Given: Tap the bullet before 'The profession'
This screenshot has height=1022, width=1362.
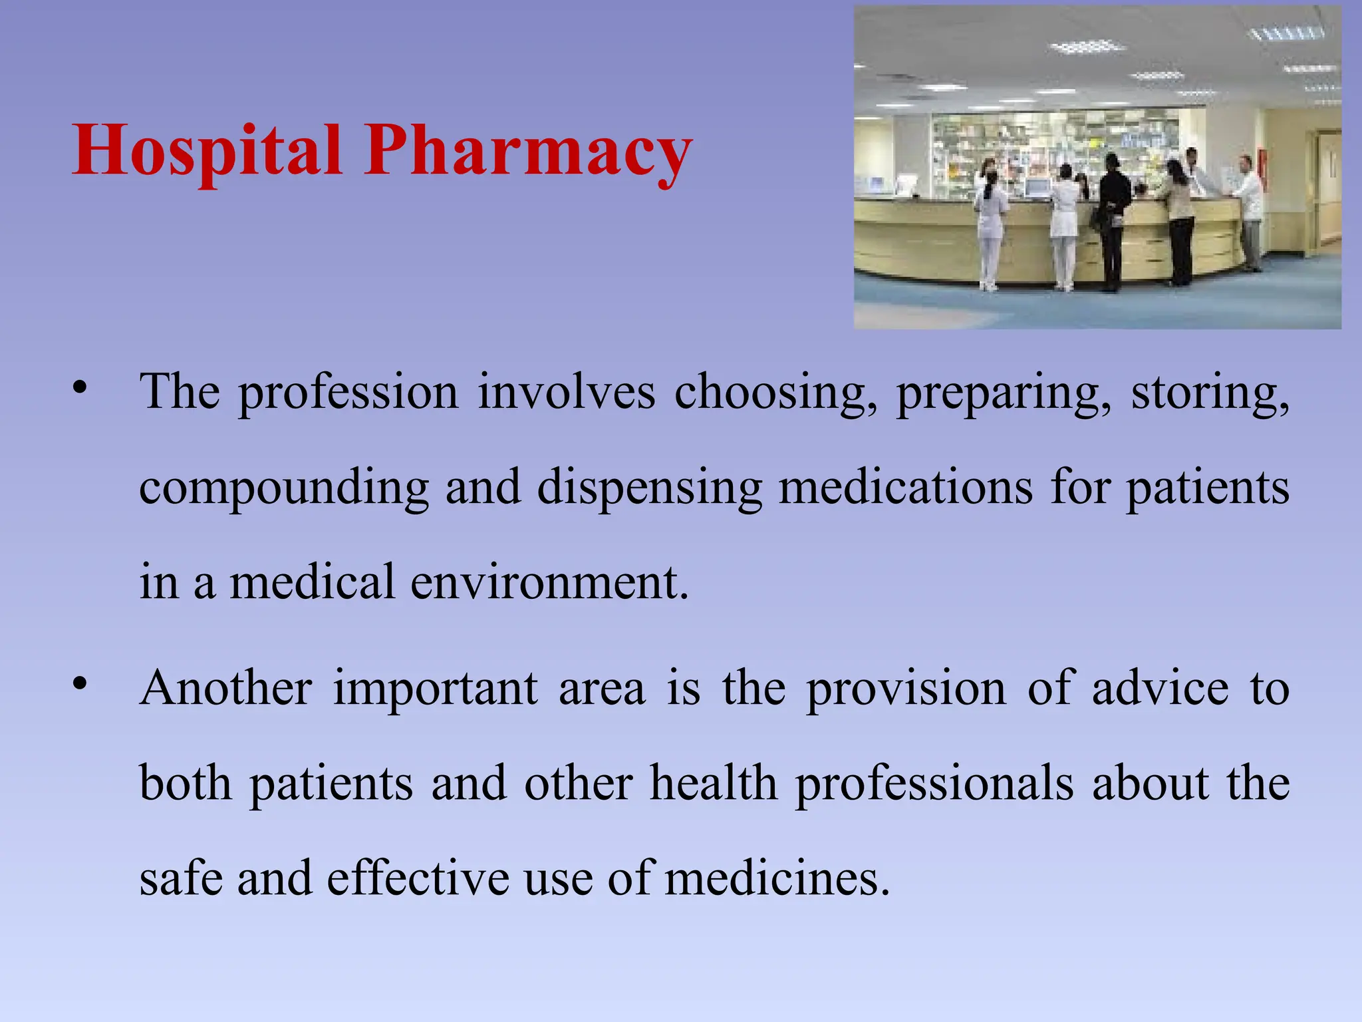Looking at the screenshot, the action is [x=80, y=388].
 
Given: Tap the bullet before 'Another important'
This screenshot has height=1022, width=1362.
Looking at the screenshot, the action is [x=80, y=684].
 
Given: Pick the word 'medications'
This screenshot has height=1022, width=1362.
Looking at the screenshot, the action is [x=905, y=488].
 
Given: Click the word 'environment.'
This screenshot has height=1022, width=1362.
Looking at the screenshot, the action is [x=549, y=583].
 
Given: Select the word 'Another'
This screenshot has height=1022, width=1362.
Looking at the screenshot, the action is [x=226, y=689].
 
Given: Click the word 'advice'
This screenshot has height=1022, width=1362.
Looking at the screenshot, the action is [x=1160, y=689].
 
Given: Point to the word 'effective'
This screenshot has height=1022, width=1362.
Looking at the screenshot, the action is [x=418, y=878].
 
